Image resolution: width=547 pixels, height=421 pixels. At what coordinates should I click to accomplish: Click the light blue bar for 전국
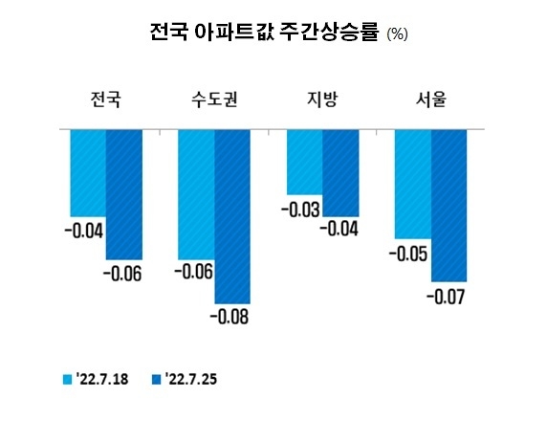click(x=87, y=172)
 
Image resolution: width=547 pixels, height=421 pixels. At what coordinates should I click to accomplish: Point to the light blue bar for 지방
click(x=305, y=161)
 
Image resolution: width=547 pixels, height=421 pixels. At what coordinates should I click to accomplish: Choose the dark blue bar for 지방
click(x=340, y=172)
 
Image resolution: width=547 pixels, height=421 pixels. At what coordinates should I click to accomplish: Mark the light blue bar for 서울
click(x=413, y=183)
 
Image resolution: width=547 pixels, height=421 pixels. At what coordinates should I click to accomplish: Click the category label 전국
click(x=106, y=99)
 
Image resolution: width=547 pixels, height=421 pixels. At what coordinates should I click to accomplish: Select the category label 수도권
click(x=215, y=99)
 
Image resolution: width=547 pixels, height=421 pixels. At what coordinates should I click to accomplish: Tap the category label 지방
click(x=322, y=99)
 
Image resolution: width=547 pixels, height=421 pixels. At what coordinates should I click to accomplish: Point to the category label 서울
click(x=430, y=99)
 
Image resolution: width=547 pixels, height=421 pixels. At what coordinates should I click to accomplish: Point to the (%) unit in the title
click(x=397, y=35)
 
